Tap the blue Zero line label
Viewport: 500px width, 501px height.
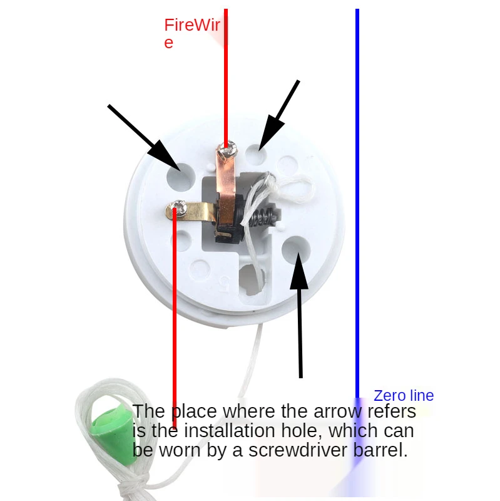(403, 396)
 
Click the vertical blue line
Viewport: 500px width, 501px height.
(357, 188)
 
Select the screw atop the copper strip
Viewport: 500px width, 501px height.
(226, 149)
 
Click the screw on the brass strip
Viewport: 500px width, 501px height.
(180, 207)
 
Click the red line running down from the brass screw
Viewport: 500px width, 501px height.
(175, 313)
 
